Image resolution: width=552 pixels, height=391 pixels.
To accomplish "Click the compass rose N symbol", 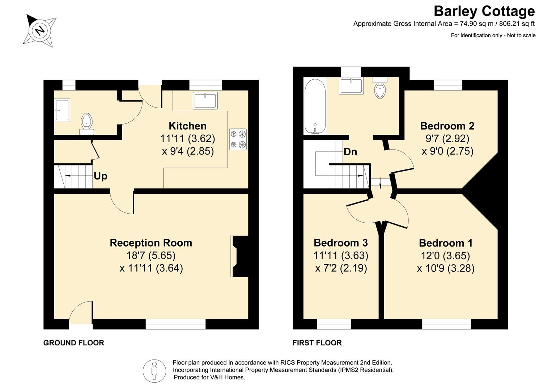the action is (40, 31).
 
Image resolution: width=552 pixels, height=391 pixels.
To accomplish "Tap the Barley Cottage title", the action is (484, 11).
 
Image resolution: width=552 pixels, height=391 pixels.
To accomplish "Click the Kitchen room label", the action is (187, 126).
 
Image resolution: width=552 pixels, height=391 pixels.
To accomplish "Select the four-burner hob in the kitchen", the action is (238, 139).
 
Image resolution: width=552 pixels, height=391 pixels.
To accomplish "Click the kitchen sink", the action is (205, 100).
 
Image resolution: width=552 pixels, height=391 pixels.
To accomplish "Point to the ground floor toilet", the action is (86, 124).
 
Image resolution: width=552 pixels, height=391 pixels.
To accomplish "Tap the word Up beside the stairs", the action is (101, 176).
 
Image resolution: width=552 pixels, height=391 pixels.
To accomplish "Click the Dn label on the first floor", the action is (350, 152).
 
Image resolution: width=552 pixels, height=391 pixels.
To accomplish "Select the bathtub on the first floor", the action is (315, 106).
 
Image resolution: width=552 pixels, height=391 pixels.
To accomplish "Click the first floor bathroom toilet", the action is (380, 88).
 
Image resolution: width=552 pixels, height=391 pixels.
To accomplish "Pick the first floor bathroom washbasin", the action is (351, 85).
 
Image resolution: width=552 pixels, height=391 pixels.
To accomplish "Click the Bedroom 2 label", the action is (447, 126).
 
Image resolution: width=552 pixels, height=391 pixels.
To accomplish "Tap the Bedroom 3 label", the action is (341, 243).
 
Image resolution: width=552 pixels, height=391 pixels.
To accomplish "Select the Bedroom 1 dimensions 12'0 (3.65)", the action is (445, 255).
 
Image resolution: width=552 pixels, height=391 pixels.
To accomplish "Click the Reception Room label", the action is (151, 243).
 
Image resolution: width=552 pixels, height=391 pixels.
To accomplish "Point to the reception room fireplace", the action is (239, 256).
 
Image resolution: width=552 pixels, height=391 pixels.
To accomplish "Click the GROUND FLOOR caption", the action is (74, 343).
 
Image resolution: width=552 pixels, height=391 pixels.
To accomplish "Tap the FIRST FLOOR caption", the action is (317, 343).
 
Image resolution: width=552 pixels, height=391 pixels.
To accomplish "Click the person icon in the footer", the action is (154, 371).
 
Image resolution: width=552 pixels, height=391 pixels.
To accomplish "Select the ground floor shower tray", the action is (62, 110).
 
